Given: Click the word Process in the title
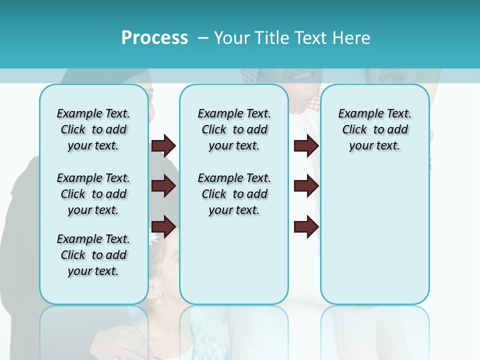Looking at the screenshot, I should coord(154,37).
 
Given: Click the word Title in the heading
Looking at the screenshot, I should coord(271,37).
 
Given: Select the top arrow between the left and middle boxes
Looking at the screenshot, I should coord(163,146).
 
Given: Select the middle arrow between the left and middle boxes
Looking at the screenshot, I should coord(163,186).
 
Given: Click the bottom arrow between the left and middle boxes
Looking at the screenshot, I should coord(163,226).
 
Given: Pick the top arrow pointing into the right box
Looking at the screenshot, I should coord(306,146).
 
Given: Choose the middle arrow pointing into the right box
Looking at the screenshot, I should coord(306,186).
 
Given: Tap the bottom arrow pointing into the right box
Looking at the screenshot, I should coord(306,226).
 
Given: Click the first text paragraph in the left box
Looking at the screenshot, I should coord(93,129).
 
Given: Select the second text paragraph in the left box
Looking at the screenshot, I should coord(93,194).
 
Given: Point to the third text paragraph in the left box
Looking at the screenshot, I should coord(93,255).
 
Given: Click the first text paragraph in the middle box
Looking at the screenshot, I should coord(234,129).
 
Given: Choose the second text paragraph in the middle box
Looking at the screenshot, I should coord(234,194).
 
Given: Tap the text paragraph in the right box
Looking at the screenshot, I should coord(374,129).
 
